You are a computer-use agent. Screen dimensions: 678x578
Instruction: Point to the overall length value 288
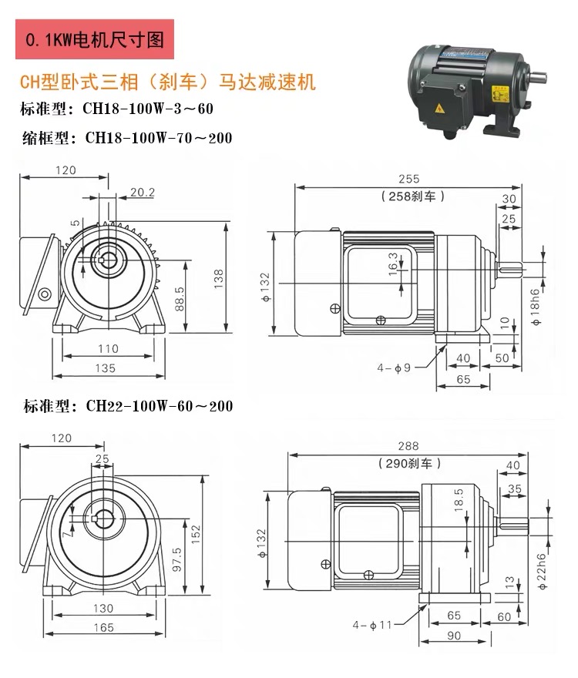[408, 445]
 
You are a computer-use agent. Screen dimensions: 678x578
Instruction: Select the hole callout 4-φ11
[372, 624]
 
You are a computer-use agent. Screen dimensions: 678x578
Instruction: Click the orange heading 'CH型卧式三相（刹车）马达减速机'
[167, 82]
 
